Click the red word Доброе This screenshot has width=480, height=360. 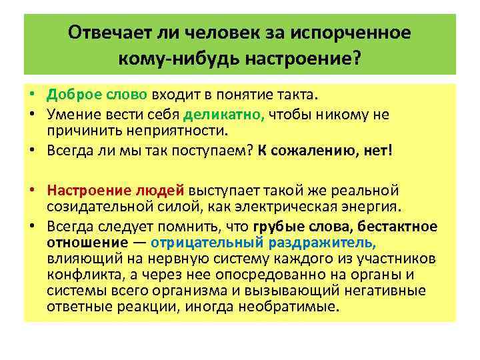pyautogui.click(x=71, y=98)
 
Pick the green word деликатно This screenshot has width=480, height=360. pyautogui.click(x=219, y=115)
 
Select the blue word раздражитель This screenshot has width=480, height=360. pyautogui.click(x=325, y=242)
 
